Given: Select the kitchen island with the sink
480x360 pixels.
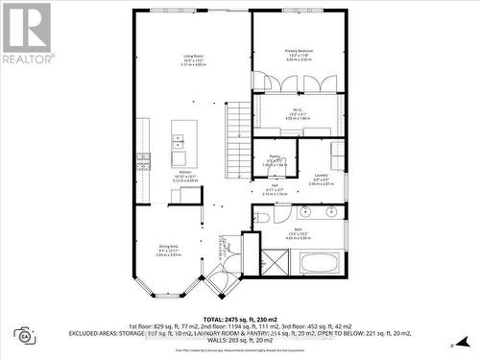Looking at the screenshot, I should (184, 143).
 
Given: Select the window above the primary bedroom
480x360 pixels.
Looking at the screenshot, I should (299, 11).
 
